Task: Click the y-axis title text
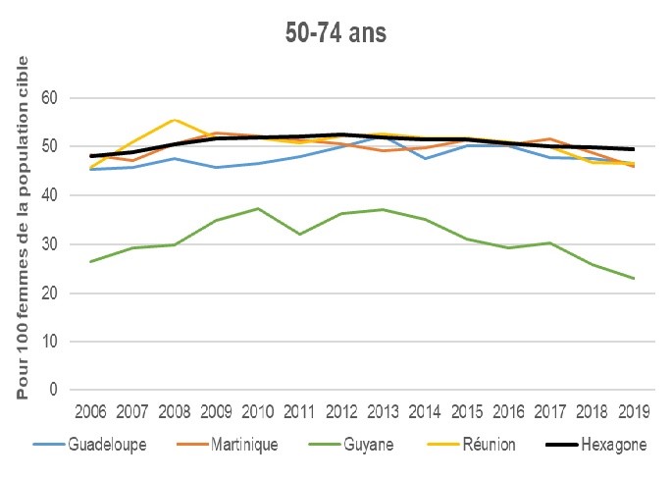click(x=24, y=228)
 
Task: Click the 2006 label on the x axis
click(x=91, y=411)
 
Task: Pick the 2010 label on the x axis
click(x=257, y=411)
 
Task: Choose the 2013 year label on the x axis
click(x=382, y=411)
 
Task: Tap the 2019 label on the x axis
click(x=631, y=411)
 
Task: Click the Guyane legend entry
click(x=359, y=445)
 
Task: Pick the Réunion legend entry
click(x=478, y=445)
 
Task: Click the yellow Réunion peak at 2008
click(x=174, y=120)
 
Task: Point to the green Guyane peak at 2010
click(x=257, y=208)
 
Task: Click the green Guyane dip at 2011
click(x=298, y=234)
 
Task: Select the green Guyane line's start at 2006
click(x=91, y=261)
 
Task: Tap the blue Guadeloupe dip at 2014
click(x=423, y=158)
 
